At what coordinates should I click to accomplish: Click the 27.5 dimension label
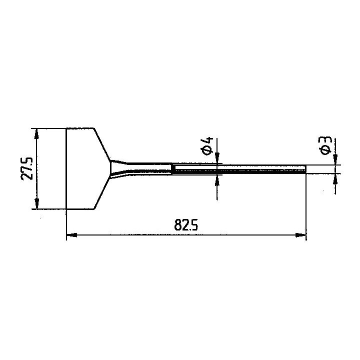(27, 168)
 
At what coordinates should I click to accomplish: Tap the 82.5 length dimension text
(186, 225)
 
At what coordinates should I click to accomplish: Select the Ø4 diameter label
(207, 146)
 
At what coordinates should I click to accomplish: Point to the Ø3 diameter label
(325, 145)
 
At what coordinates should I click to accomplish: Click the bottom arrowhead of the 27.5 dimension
(36, 203)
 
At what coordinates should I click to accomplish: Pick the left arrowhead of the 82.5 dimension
(71, 235)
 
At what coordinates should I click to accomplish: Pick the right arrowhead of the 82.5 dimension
(301, 235)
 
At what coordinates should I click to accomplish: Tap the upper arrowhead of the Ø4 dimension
(217, 158)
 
